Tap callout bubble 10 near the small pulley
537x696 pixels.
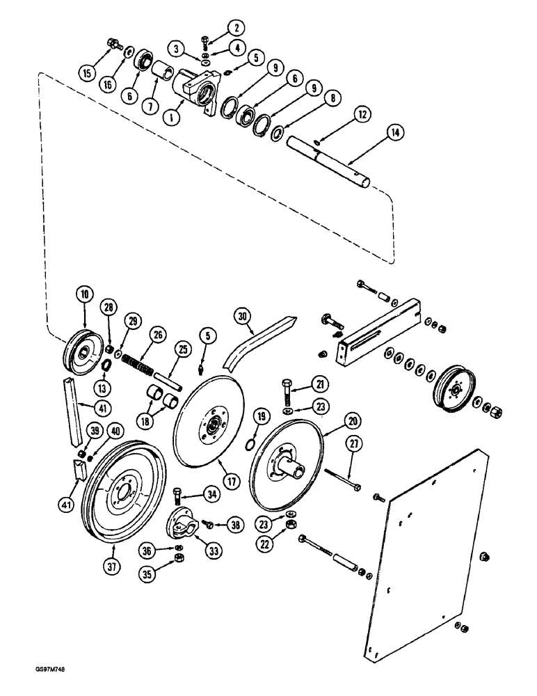tap(84, 295)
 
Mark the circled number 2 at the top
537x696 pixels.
tap(238, 29)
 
